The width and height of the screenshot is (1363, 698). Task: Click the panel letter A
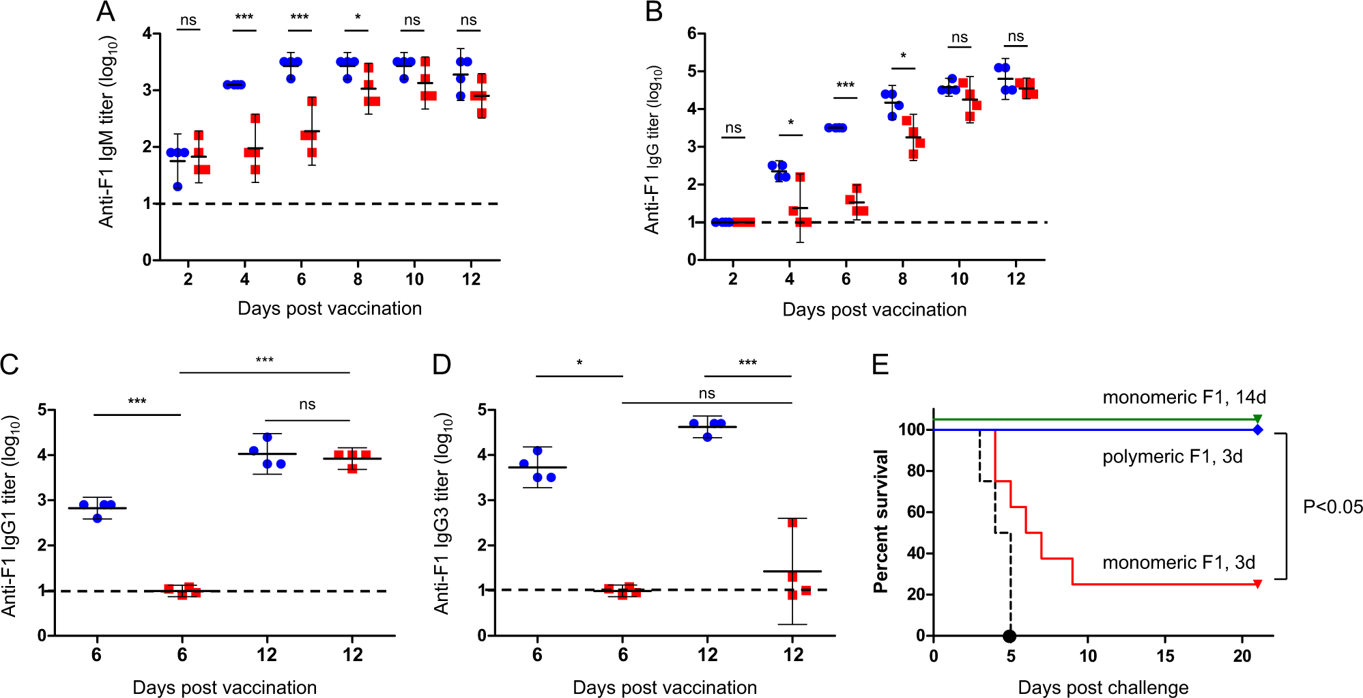106,12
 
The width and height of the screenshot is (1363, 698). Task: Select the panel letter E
880,364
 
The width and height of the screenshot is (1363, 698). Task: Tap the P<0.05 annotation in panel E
1332,507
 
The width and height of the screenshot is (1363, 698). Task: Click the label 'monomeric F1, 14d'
1184,397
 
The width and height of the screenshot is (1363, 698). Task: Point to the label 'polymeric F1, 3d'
1172,456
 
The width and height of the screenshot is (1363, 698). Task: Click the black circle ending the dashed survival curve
1010,637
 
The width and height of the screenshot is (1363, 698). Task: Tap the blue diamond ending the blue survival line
1258,430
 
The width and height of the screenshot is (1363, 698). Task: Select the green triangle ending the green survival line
1258,419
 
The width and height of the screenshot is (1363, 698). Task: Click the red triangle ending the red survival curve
1258,584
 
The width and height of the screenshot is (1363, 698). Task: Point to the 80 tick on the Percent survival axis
916,471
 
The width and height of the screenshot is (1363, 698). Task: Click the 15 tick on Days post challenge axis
1165,656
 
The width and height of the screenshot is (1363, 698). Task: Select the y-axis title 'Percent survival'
881,521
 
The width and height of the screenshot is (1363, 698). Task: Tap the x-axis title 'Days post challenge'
1103,687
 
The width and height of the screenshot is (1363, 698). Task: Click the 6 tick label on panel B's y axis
692,33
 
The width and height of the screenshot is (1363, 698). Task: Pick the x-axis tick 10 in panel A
414,279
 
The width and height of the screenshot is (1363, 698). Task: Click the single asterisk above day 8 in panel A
358,17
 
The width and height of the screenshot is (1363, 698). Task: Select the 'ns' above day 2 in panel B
733,128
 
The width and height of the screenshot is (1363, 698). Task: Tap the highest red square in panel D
792,523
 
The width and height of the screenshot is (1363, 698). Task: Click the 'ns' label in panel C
307,404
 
